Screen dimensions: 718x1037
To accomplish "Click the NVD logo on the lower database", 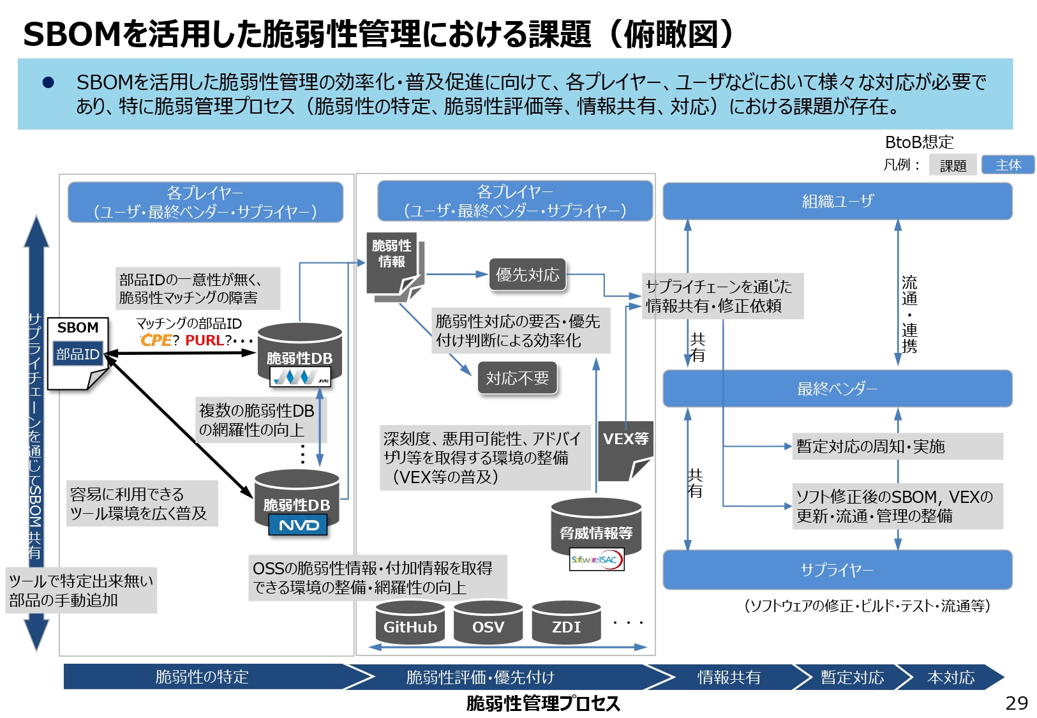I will tap(298, 525).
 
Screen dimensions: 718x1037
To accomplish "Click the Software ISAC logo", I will tap(596, 560).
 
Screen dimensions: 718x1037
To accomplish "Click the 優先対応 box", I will tap(527, 274).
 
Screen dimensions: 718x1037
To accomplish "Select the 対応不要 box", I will tap(517, 378).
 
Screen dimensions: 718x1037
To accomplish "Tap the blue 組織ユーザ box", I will tap(837, 202).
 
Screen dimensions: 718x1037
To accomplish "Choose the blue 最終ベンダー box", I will tap(837, 389).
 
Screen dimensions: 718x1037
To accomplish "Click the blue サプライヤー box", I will tap(837, 569).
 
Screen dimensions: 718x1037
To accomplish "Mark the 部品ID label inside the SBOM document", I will tap(78, 354).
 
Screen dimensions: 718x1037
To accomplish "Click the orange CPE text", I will tap(156, 340).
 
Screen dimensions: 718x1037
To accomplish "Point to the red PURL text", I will tap(204, 340).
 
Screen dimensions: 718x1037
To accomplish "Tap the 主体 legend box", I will tap(1008, 165).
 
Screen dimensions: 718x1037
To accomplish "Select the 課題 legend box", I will tap(953, 165).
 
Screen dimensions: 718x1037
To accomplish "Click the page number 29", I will tap(1016, 703).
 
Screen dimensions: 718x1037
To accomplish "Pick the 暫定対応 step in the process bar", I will tap(852, 677).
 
